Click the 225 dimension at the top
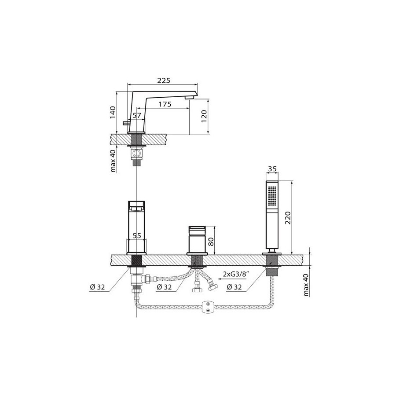pyautogui.click(x=164, y=81)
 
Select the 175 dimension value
pyautogui.click(x=165, y=104)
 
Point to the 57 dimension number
pyautogui.click(x=137, y=115)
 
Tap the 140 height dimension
pyautogui.click(x=113, y=113)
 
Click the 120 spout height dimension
pyautogui.click(x=204, y=117)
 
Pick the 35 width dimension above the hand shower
pyautogui.click(x=272, y=169)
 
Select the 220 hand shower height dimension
pyautogui.click(x=288, y=218)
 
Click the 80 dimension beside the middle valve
pyautogui.click(x=211, y=242)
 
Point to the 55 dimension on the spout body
pyautogui.click(x=137, y=236)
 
